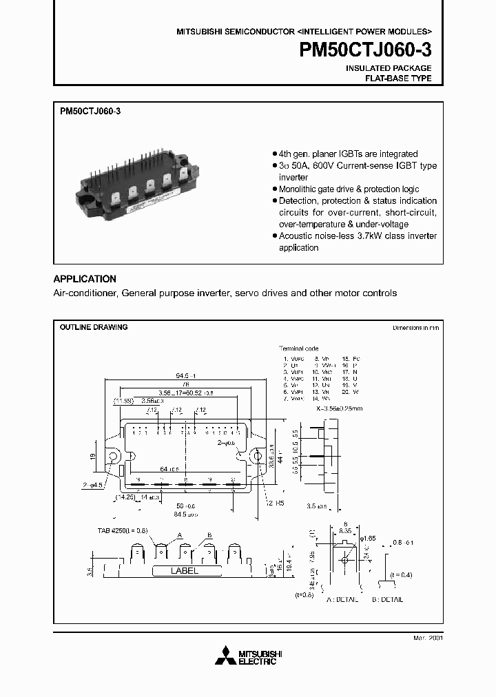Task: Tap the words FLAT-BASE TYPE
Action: coord(397,79)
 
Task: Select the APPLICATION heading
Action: coord(85,279)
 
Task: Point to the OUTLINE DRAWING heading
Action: coord(94,327)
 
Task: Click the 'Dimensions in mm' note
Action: coord(415,329)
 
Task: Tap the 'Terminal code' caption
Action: coord(298,348)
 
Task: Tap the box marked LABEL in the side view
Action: coord(184,571)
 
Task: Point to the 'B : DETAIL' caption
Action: coord(387,599)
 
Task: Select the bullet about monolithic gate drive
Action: coord(349,189)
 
